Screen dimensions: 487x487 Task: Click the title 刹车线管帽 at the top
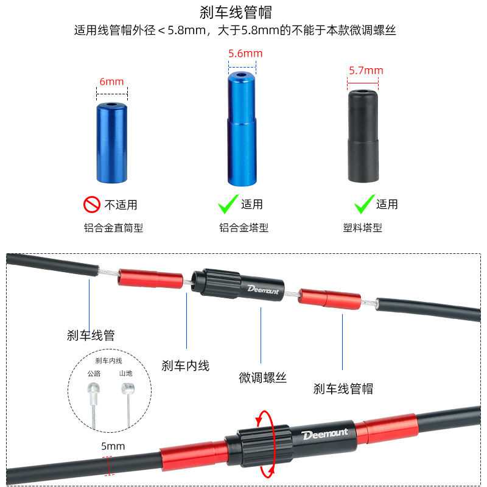(x=236, y=12)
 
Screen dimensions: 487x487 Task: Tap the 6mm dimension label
(x=111, y=82)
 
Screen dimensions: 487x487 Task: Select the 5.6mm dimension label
(x=245, y=54)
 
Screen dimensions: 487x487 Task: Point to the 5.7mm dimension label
(x=366, y=71)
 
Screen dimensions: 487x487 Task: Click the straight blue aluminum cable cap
(x=112, y=143)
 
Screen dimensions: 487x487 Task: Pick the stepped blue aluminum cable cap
(x=242, y=129)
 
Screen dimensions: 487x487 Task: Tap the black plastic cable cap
(x=363, y=136)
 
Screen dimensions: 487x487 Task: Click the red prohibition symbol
(x=92, y=205)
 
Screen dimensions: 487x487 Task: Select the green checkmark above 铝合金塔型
(x=228, y=204)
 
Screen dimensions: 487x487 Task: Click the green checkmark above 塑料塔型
(x=364, y=204)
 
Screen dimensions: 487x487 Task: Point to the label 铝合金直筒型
(x=113, y=228)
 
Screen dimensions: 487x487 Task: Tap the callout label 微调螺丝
(x=262, y=377)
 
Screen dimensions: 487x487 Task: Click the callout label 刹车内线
(x=186, y=366)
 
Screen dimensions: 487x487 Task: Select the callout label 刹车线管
(x=91, y=335)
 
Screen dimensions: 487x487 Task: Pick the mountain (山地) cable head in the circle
(x=128, y=388)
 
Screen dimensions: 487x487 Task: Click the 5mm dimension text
(x=113, y=446)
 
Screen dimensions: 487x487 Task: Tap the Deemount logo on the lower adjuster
(x=324, y=434)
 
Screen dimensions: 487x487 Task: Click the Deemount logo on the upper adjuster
(x=263, y=290)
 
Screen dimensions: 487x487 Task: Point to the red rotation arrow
(x=274, y=444)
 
